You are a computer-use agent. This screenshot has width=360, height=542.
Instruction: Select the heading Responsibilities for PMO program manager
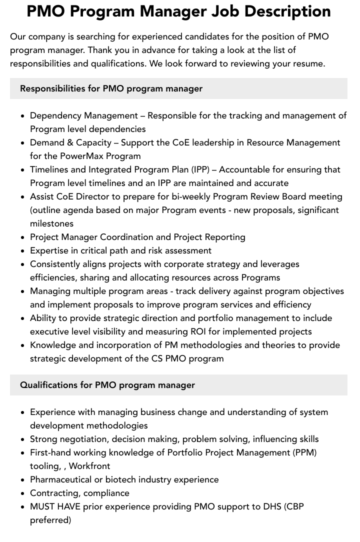pos(111,88)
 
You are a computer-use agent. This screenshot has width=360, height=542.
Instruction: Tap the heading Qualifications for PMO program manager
pos(107,385)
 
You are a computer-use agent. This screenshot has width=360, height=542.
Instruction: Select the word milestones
pos(51,223)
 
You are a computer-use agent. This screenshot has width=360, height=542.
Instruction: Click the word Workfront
pos(89,466)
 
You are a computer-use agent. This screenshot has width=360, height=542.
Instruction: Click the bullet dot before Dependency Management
pos(23,116)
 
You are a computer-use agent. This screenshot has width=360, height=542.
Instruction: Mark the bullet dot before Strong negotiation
pos(23,439)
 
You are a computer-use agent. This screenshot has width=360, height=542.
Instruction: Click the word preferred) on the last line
pos(50,520)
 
